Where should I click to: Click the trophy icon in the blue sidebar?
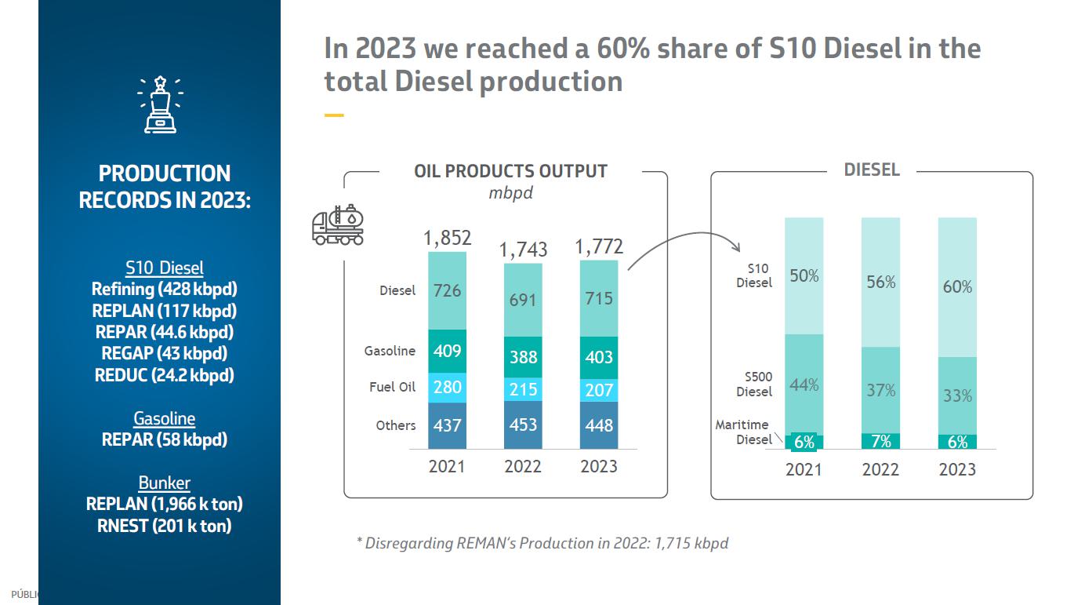click(x=161, y=104)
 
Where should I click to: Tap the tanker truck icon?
click(x=338, y=225)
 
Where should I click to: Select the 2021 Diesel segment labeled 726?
click(x=447, y=290)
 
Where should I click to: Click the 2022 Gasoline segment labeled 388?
click(x=523, y=357)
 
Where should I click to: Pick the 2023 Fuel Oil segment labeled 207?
click(x=599, y=390)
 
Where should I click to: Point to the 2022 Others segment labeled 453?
click(x=523, y=425)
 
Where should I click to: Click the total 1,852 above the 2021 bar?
click(x=447, y=238)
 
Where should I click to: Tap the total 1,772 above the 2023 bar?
click(x=599, y=247)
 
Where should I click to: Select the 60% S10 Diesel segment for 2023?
click(x=957, y=287)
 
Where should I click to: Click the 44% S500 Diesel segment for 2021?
click(x=804, y=385)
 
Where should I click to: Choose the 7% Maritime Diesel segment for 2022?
click(x=880, y=441)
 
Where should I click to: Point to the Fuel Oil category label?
click(x=392, y=387)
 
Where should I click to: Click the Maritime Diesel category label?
click(x=742, y=432)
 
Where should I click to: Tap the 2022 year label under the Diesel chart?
click(x=880, y=470)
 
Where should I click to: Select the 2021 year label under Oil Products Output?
click(x=447, y=466)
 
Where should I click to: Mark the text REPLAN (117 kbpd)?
click(x=164, y=311)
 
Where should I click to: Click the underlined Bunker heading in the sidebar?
click(x=164, y=483)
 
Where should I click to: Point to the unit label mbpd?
click(x=510, y=193)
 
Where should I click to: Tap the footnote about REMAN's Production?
click(x=542, y=543)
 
